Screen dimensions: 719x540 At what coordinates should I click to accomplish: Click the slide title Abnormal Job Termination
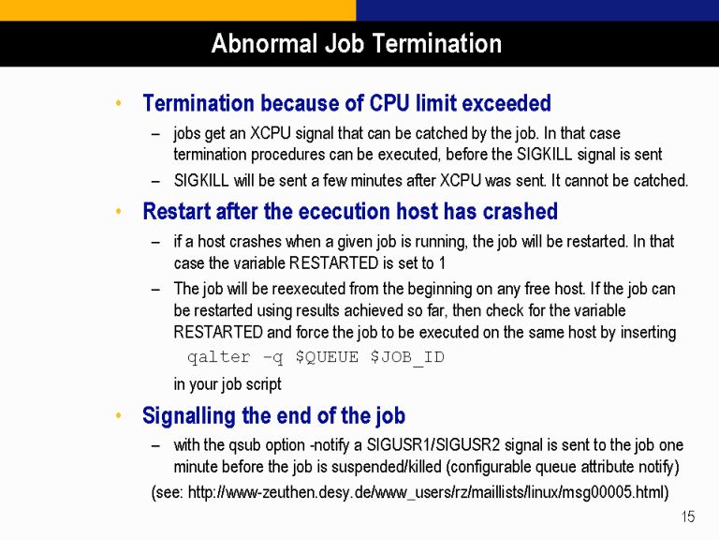[x=357, y=44]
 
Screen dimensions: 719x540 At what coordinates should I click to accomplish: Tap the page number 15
[x=688, y=517]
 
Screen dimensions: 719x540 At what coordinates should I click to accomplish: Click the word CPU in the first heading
[x=389, y=103]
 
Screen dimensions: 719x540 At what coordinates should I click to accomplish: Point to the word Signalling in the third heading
[x=189, y=416]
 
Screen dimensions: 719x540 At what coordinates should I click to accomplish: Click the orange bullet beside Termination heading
[x=118, y=103]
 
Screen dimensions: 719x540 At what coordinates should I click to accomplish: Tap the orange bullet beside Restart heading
[x=118, y=211]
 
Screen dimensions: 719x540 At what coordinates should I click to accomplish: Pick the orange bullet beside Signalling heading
[x=118, y=415]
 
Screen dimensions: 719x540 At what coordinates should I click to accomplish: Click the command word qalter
[x=219, y=357]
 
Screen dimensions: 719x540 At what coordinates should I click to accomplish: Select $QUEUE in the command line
[x=327, y=357]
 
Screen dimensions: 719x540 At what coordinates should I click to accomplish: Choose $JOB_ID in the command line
[x=407, y=357]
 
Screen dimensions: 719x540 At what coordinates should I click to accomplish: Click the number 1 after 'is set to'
[x=442, y=263]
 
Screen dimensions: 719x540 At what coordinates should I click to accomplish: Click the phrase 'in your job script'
[x=227, y=383]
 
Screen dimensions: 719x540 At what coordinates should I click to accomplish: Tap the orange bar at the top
[x=178, y=10]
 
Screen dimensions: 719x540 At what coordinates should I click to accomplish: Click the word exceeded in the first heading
[x=506, y=103]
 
